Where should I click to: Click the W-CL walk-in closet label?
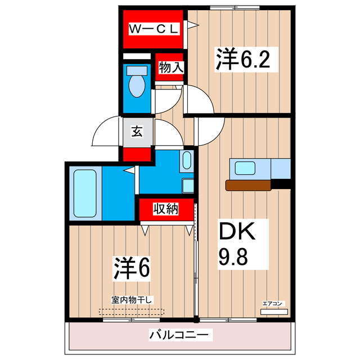click(154, 28)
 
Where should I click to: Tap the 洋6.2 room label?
click(240, 58)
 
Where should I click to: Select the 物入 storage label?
click(170, 67)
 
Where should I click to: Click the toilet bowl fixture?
click(137, 87)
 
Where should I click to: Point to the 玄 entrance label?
click(137, 132)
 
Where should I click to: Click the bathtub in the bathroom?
click(85, 195)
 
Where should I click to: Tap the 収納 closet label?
click(166, 209)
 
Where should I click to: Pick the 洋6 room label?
click(133, 269)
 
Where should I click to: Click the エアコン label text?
click(273, 303)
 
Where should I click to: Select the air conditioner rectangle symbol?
click(273, 312)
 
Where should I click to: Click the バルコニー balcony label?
click(180, 335)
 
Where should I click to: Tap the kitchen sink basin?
click(246, 168)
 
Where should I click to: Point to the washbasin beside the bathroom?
click(187, 161)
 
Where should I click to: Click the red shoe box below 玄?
click(137, 155)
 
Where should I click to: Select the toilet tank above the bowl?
click(137, 71)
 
